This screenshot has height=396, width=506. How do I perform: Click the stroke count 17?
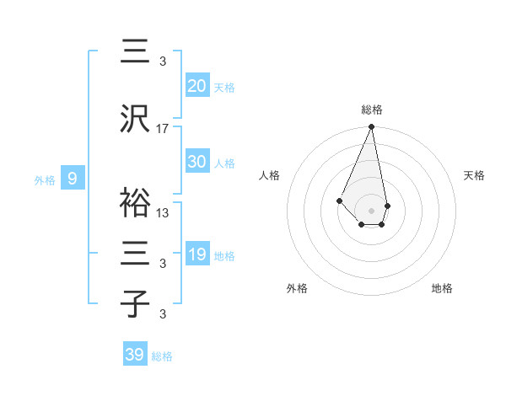pos(163,128)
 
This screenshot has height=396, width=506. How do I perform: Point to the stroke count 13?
pos(163,212)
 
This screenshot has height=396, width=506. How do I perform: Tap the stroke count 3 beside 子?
pos(163,314)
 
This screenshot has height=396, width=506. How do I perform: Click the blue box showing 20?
pos(197,85)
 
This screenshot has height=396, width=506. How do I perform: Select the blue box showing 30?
pos(197,162)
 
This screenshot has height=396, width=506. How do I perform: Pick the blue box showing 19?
pos(197,254)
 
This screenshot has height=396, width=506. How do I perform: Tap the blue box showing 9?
pos(73,179)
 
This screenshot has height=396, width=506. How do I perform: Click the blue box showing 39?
pos(135,355)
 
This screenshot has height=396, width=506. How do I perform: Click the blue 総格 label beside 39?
pos(163,356)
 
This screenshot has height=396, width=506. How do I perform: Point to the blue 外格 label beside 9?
pos(45,179)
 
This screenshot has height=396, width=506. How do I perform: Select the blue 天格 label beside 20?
pos(224,87)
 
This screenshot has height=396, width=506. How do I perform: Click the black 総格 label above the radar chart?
pos(371,110)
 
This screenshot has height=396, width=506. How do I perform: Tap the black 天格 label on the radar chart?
pos(474,175)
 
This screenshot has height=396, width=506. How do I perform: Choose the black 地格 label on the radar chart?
pos(442,288)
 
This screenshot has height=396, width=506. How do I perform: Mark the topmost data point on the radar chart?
pos(371,127)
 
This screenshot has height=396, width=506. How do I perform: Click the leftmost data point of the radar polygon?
pos(339,201)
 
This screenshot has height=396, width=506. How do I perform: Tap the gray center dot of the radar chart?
pos(371,211)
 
